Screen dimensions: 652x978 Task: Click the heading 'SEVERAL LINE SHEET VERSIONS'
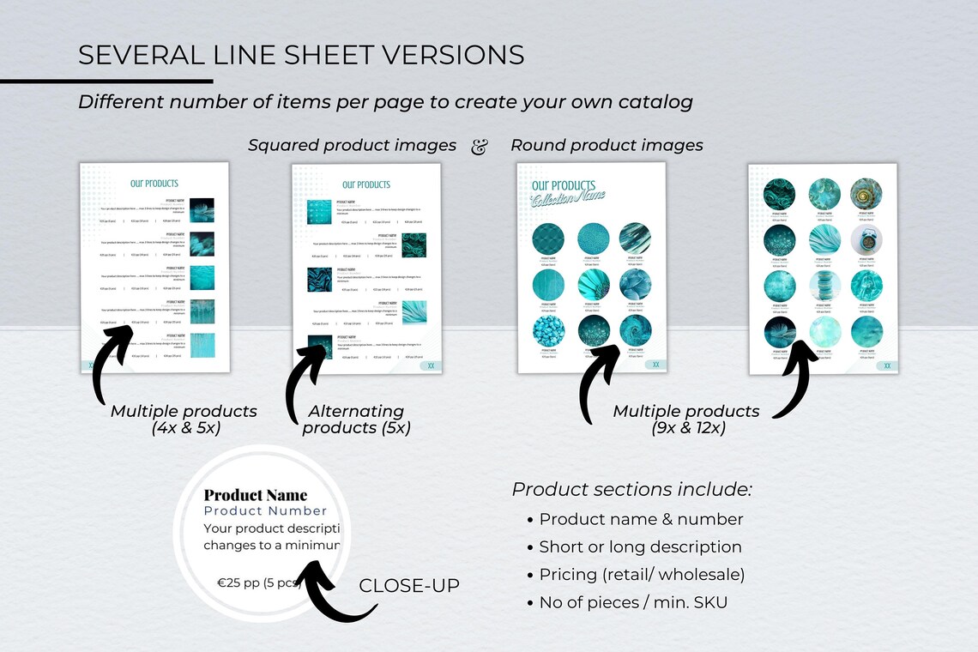(x=301, y=55)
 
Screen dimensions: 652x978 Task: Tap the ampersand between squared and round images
(x=480, y=147)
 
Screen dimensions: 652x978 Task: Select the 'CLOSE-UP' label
(x=409, y=586)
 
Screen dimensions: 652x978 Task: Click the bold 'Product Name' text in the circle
(x=255, y=495)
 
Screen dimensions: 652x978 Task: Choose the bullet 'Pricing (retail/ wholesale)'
(x=641, y=575)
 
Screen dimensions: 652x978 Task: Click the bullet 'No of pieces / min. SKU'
(x=632, y=602)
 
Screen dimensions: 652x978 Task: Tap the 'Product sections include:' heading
(x=632, y=490)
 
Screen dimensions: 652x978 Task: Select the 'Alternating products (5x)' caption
(x=356, y=420)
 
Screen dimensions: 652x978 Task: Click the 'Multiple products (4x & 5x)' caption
(x=184, y=420)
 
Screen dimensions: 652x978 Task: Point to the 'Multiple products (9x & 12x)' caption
(x=686, y=420)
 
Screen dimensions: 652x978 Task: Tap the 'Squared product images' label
(x=352, y=146)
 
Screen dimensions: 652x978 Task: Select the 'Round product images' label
(x=607, y=146)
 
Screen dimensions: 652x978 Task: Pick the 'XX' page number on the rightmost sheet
(x=887, y=365)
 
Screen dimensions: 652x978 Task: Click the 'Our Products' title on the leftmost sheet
(x=154, y=184)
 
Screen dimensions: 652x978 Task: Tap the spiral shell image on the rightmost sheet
(x=866, y=194)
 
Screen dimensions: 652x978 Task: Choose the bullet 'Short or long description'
(x=640, y=547)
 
